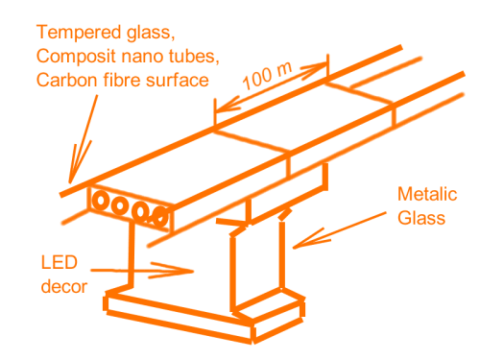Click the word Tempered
coord(80,34)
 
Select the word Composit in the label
coord(76,57)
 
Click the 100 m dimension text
coord(268,76)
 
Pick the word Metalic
coord(427,194)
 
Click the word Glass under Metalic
coord(421,218)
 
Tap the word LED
coord(60,263)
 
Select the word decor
coord(64,286)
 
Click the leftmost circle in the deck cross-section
coord(101,201)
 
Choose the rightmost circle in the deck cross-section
coord(159,217)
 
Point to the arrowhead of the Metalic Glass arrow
coord(295,247)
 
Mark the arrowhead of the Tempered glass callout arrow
coord(71,181)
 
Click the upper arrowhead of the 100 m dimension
coord(324,65)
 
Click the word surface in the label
coord(178,80)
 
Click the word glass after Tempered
coord(151,34)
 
